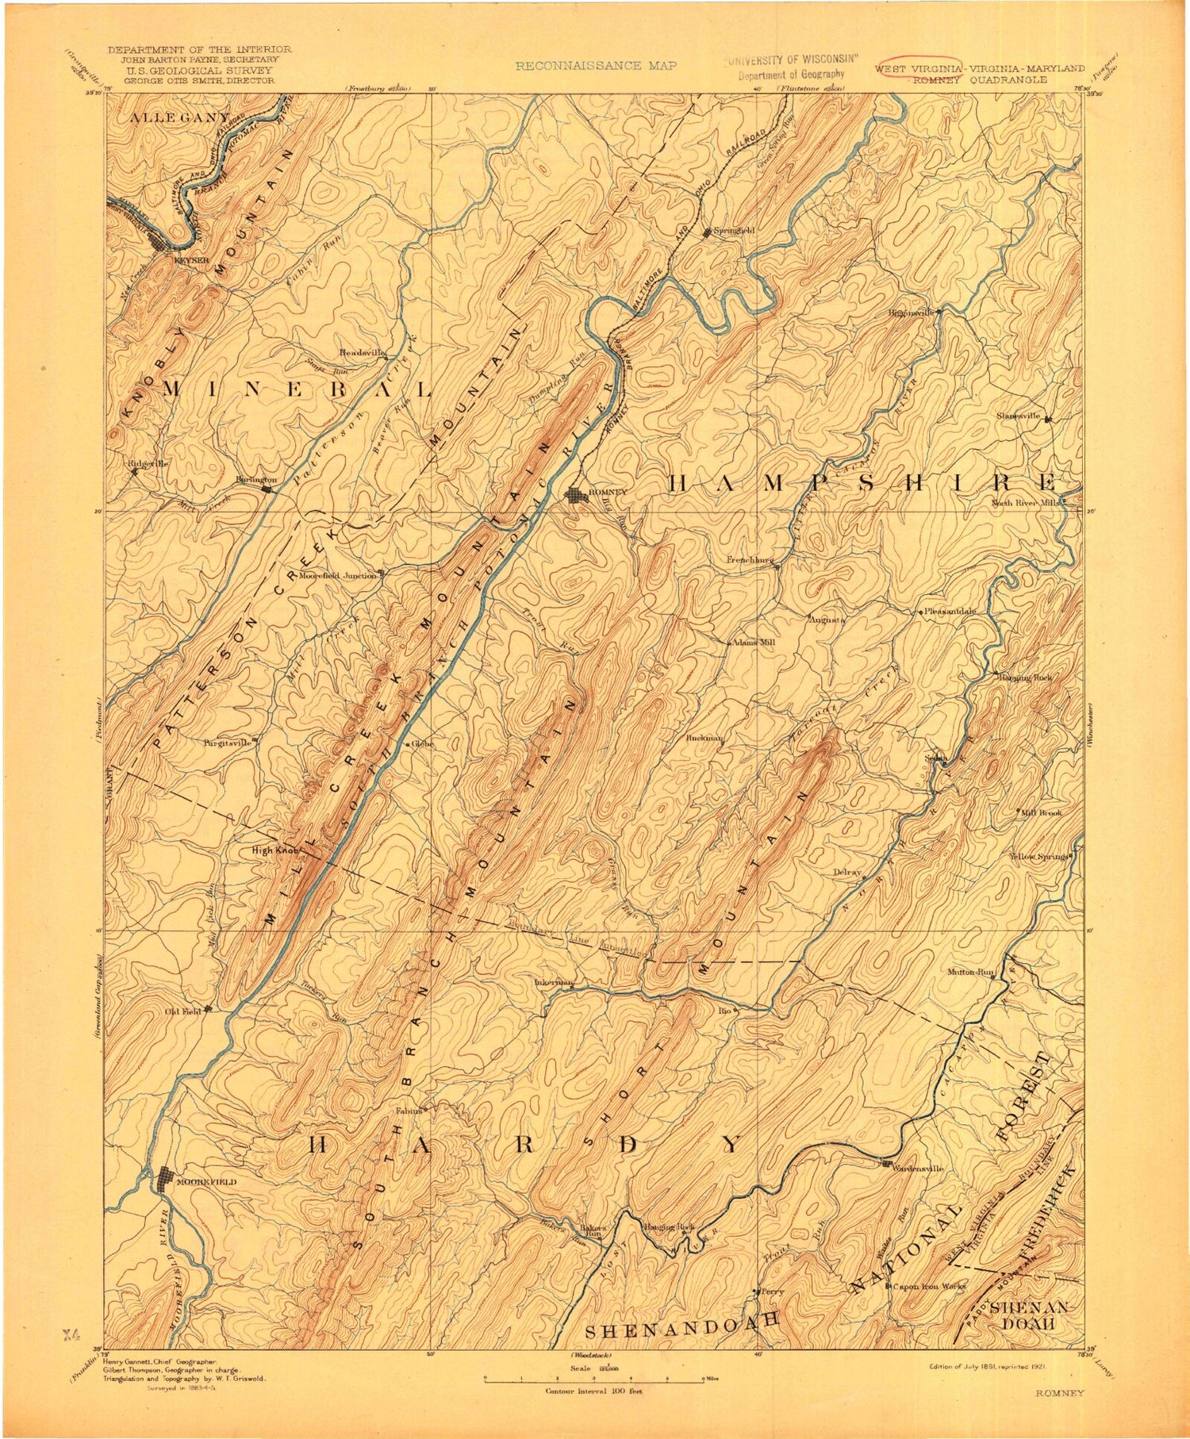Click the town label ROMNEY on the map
pyautogui.click(x=607, y=492)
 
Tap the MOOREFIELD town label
pyautogui.click(x=206, y=1181)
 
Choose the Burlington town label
pyautogui.click(x=255, y=480)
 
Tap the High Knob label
pyautogui.click(x=274, y=850)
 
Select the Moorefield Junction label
pyautogui.click(x=337, y=575)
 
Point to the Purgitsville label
pyautogui.click(x=227, y=743)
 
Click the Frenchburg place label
pyautogui.click(x=750, y=559)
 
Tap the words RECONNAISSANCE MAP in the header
pyautogui.click(x=596, y=66)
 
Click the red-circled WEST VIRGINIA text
pyautogui.click(x=919, y=68)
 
